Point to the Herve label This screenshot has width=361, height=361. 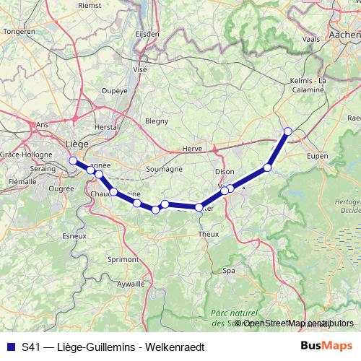pyautogui.click(x=192, y=148)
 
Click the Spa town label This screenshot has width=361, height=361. pyautogui.click(x=230, y=271)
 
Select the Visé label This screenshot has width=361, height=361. pyautogui.click(x=139, y=69)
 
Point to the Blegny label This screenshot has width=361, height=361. pyautogui.click(x=156, y=121)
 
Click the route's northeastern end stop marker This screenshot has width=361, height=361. pyautogui.click(x=288, y=131)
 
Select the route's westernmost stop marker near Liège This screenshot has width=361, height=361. pyautogui.click(x=72, y=160)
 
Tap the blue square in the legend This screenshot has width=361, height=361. pyautogui.click(x=9, y=346)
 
